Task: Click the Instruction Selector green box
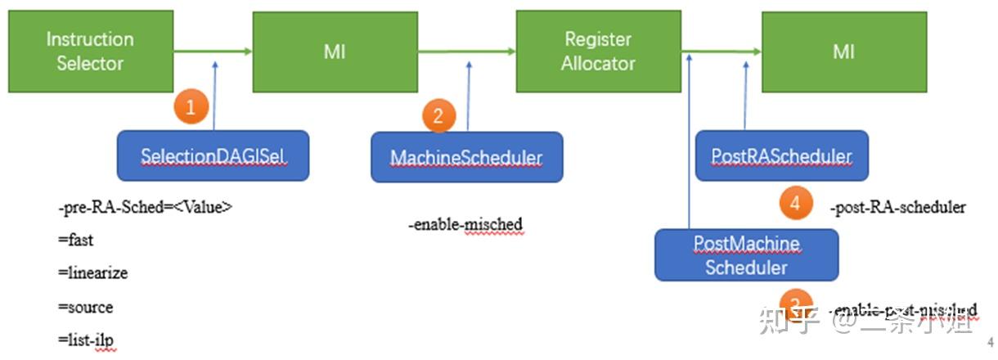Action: pyautogui.click(x=90, y=51)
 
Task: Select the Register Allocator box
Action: pyautogui.click(x=598, y=51)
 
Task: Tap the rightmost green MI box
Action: pyautogui.click(x=843, y=52)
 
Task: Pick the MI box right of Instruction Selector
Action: pyautogui.click(x=335, y=52)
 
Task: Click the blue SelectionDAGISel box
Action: pyautogui.click(x=214, y=155)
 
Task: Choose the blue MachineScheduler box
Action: pyautogui.click(x=466, y=156)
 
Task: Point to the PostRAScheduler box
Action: pyautogui.click(x=781, y=155)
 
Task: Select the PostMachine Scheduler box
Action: pyautogui.click(x=746, y=255)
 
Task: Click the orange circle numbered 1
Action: pyautogui.click(x=191, y=107)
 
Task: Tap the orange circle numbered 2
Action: pyautogui.click(x=438, y=116)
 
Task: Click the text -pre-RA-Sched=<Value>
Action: pyautogui.click(x=145, y=208)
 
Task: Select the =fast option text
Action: pyautogui.click(x=75, y=241)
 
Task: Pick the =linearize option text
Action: pyautogui.click(x=92, y=273)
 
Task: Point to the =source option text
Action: pyautogui.click(x=85, y=307)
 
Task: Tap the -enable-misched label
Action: pyautogui.click(x=465, y=224)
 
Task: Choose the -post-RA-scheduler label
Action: pyautogui.click(x=897, y=208)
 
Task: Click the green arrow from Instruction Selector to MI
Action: pyautogui.click(x=213, y=52)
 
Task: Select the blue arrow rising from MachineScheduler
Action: pyautogui.click(x=469, y=94)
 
